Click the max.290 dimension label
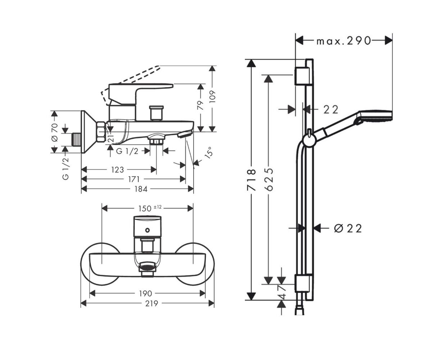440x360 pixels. click(343, 41)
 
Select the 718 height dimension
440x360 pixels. click(253, 180)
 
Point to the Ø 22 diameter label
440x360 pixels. click(348, 228)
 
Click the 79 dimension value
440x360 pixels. click(201, 105)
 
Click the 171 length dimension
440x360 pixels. click(133, 179)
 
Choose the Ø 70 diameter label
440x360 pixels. click(55, 132)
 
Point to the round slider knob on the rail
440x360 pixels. click(308, 140)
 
